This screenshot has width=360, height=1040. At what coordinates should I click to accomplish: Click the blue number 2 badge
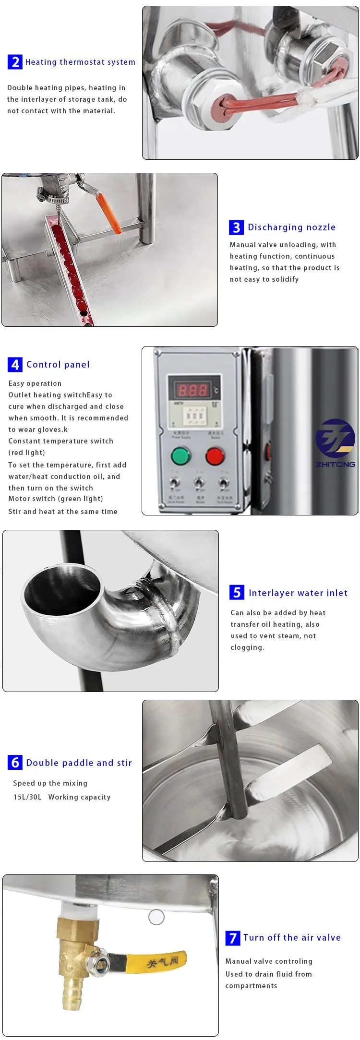click(x=15, y=62)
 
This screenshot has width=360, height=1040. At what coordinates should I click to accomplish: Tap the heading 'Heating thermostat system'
click(x=80, y=62)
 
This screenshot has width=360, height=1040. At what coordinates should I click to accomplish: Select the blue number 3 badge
click(x=236, y=227)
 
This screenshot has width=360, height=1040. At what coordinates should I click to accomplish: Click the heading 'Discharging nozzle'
click(x=291, y=227)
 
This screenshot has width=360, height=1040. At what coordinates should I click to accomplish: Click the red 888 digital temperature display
click(x=193, y=390)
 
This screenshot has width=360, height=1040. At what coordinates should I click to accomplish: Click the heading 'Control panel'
click(x=58, y=364)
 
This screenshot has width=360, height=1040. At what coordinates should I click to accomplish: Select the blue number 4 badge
click(x=15, y=365)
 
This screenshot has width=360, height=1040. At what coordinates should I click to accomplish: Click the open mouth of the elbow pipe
click(x=62, y=592)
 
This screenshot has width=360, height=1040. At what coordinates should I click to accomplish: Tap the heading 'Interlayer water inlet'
click(x=298, y=593)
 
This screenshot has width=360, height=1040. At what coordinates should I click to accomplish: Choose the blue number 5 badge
click(x=237, y=593)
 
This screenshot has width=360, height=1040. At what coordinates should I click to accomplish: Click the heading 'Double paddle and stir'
click(x=79, y=763)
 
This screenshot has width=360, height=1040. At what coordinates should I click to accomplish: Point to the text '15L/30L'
click(x=27, y=797)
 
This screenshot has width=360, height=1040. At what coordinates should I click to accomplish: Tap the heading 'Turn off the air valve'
click(x=292, y=937)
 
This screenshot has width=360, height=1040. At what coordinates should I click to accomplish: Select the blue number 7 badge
click(x=233, y=938)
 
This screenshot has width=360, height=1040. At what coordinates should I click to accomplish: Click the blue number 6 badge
click(x=15, y=763)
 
